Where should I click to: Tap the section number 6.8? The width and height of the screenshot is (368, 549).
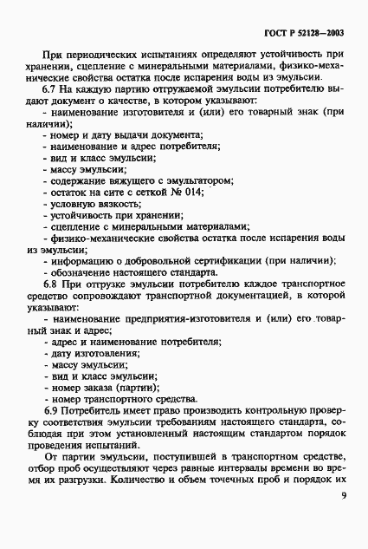click(51, 284)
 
